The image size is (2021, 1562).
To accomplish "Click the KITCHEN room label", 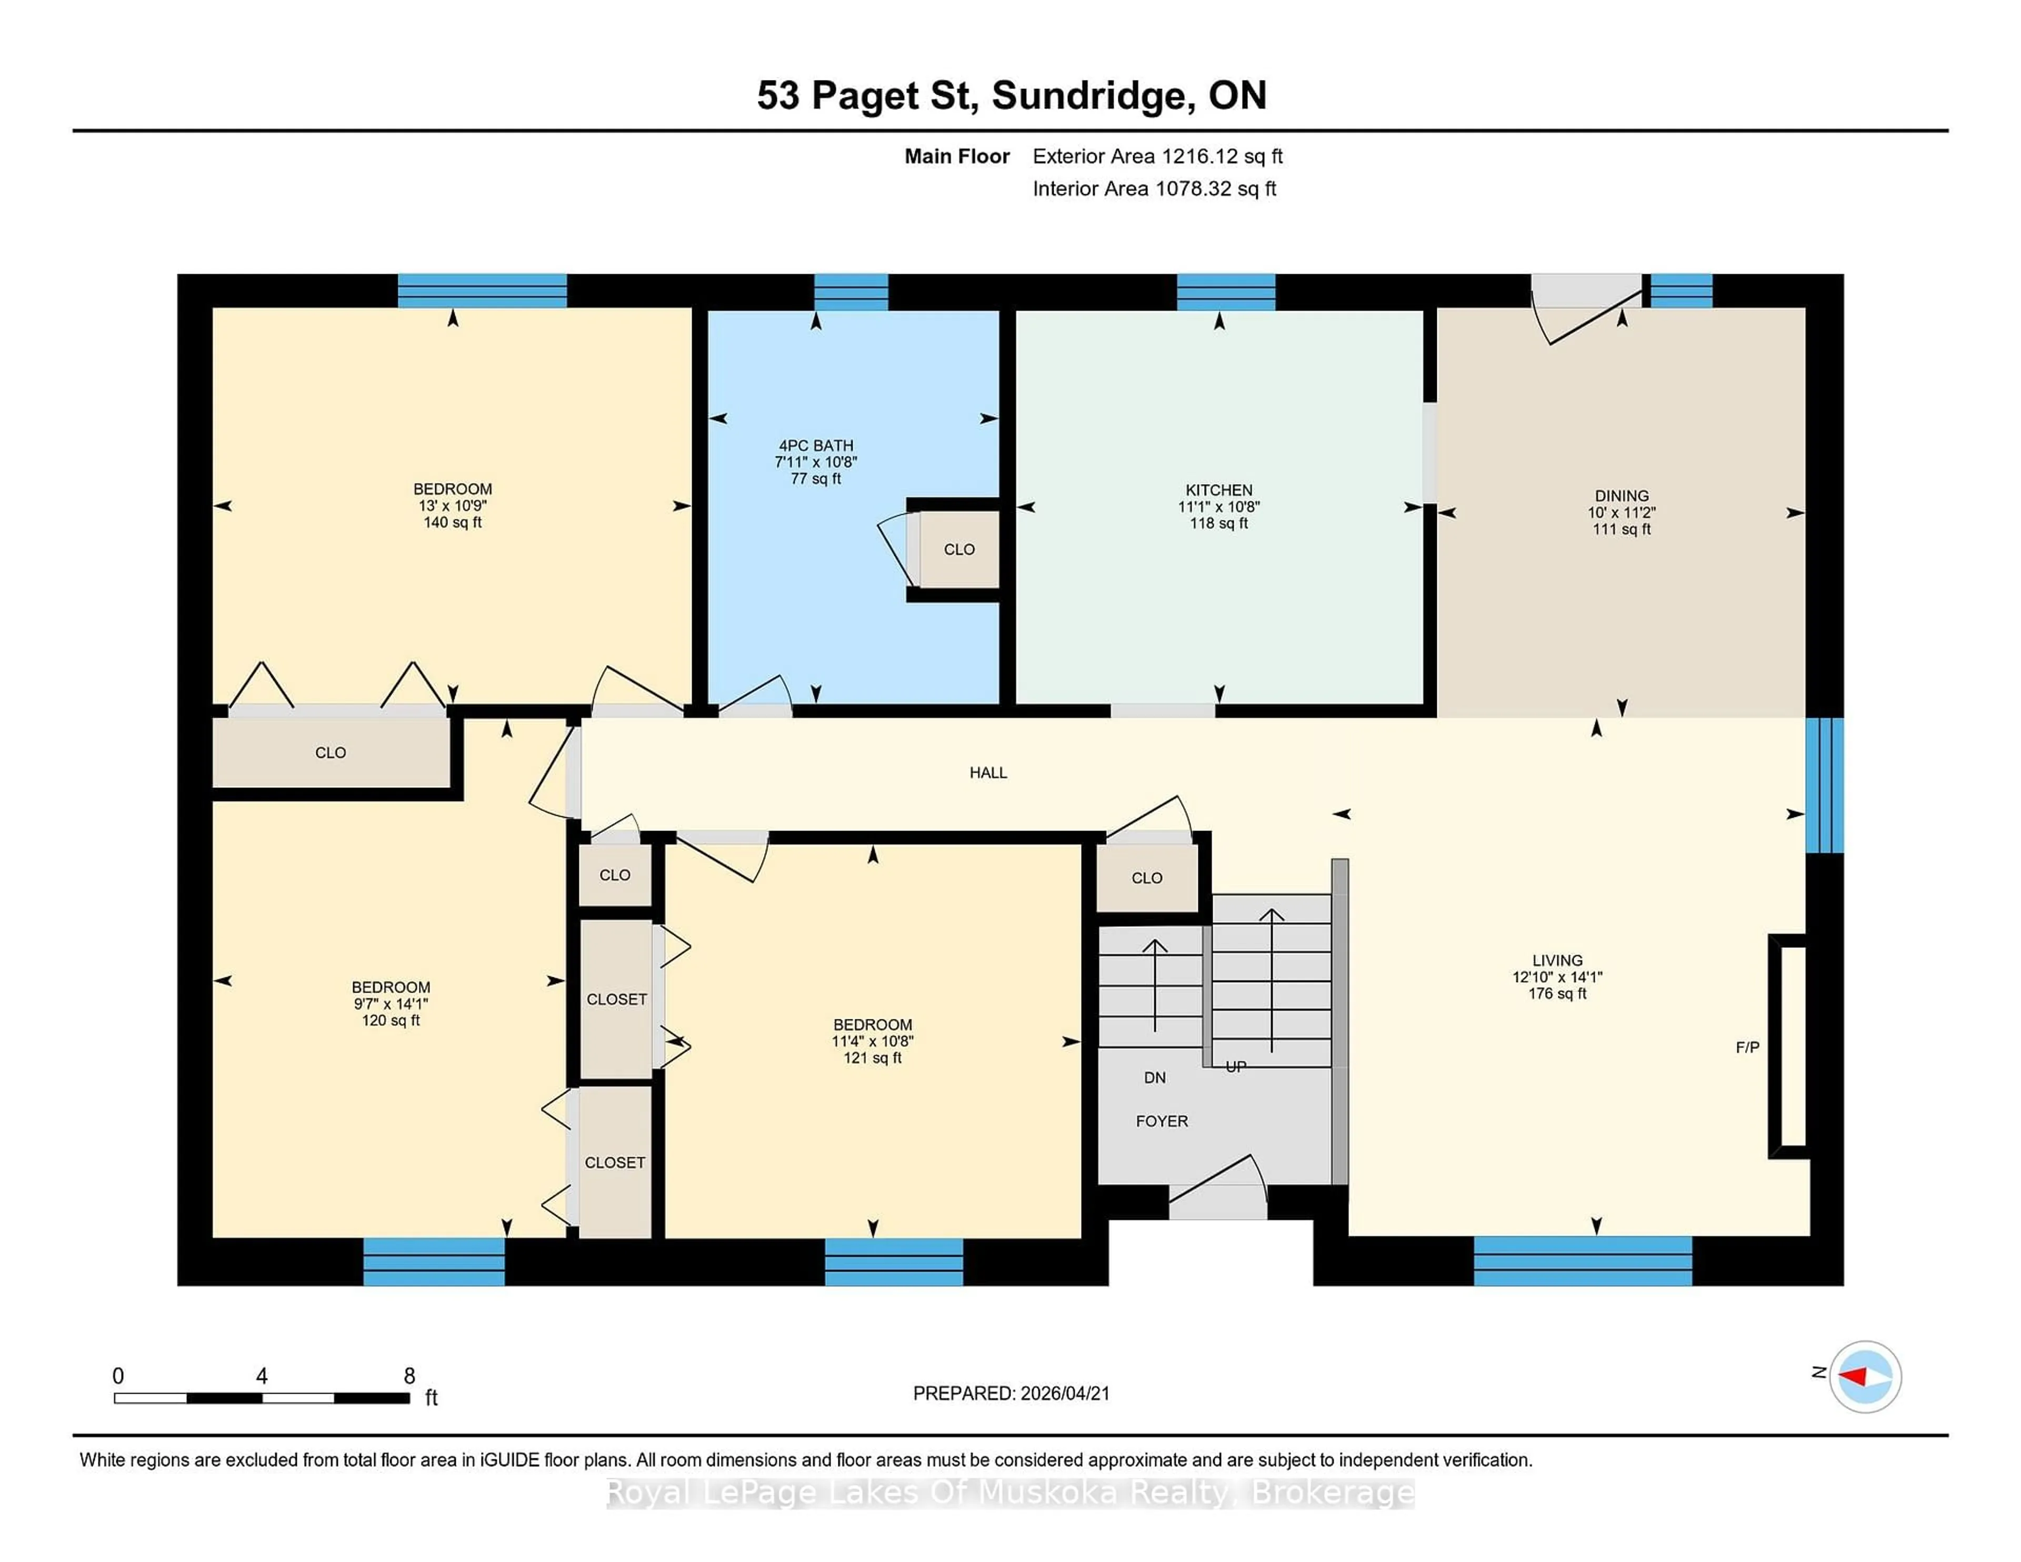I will tap(1219, 490).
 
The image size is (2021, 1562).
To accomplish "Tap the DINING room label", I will tap(1621, 496).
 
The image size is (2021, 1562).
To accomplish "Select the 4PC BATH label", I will tap(815, 446).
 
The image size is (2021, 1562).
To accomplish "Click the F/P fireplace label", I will tap(1747, 1047).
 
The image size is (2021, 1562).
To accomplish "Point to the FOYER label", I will tap(1162, 1122).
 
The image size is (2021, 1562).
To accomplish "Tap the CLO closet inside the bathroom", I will tap(959, 549).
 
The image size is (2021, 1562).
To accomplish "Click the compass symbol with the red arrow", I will tap(1865, 1377).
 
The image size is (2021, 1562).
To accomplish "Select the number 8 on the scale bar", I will tap(409, 1376).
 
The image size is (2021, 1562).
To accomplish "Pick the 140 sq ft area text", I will tap(453, 523).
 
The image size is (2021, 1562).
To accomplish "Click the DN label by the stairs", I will tap(1154, 1078).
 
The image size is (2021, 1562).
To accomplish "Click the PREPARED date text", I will tap(1010, 1394).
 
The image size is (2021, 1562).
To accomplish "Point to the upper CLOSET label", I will tap(616, 999).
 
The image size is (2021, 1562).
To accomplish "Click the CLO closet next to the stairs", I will tap(1146, 878).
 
